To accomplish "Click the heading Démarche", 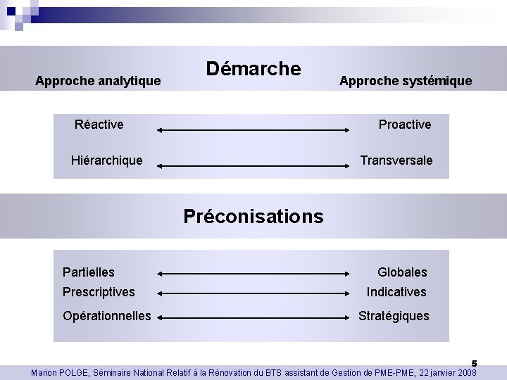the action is (254, 69).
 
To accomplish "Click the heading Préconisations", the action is (254, 215).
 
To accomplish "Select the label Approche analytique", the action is (99, 82).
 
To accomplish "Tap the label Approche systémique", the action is (406, 82).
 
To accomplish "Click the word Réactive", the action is (99, 125).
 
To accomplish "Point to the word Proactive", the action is (405, 125).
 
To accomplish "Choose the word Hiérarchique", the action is (107, 160).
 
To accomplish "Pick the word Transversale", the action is (396, 160).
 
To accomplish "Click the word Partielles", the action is (89, 272).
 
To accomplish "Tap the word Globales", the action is (402, 272).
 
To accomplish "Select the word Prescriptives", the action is (99, 291).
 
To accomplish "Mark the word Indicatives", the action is (396, 291).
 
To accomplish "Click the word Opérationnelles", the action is (107, 315).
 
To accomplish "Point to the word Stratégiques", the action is (394, 315).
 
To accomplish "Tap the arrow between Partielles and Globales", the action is (254, 273).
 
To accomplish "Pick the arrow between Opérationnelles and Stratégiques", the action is (254, 318).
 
